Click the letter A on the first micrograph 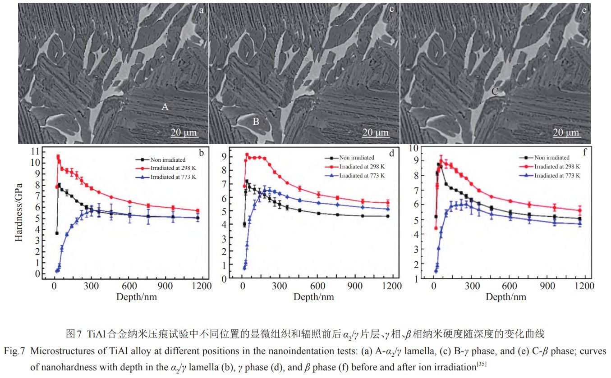165,107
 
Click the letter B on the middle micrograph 256,121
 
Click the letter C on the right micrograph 494,92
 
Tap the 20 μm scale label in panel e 565,132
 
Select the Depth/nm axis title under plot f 506,296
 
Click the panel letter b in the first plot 202,153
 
